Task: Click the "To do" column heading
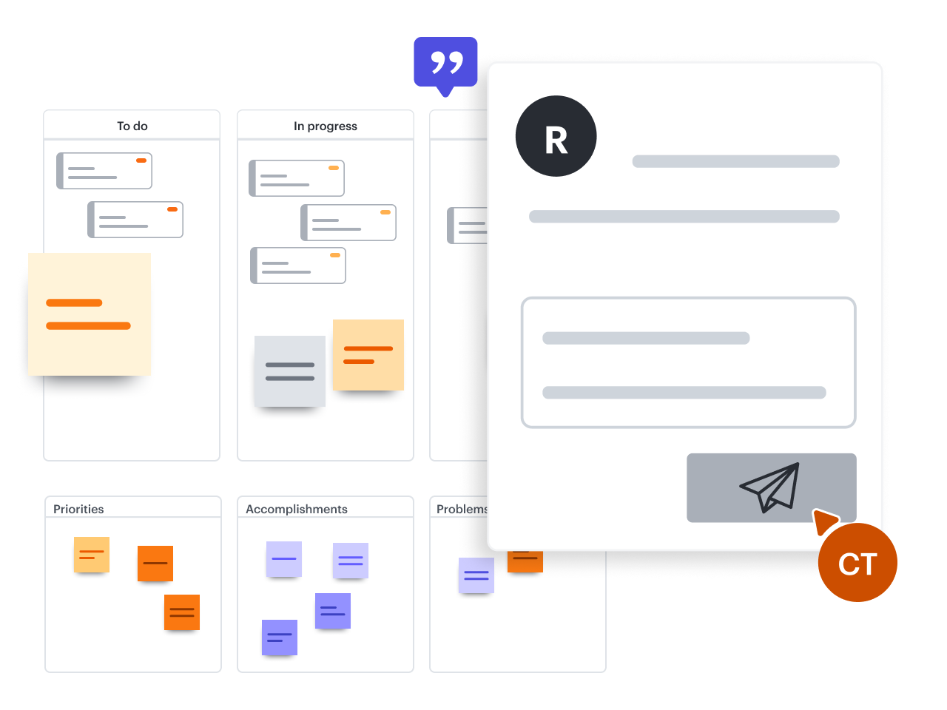(132, 126)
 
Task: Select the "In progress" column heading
(325, 126)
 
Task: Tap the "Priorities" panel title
(78, 509)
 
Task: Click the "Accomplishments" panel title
(296, 509)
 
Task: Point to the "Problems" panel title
(461, 509)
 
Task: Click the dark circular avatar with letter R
(556, 136)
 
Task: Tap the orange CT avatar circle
(857, 564)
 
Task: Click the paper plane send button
(771, 487)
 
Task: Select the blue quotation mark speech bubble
(445, 63)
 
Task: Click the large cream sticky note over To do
(90, 314)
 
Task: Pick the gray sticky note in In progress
(290, 371)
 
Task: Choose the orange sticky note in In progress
(368, 355)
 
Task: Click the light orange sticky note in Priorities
(92, 554)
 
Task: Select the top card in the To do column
(104, 171)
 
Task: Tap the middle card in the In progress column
(348, 223)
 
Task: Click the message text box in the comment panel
(688, 362)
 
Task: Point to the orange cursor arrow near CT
(823, 519)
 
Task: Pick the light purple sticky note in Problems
(476, 575)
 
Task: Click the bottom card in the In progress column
(298, 266)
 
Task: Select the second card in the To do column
(135, 220)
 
